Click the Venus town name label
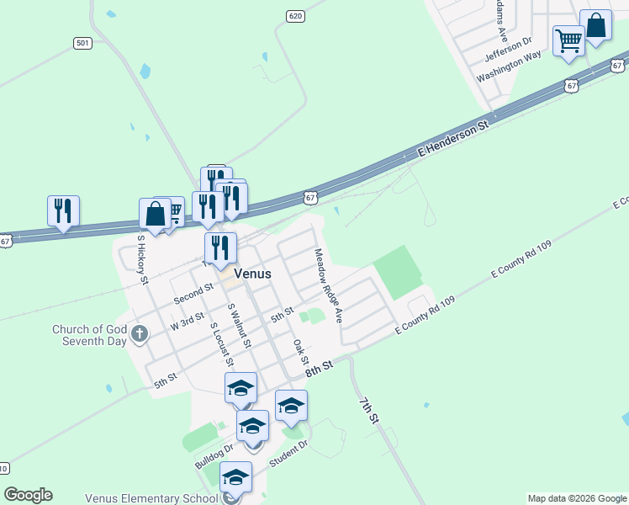click(252, 274)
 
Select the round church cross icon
click(140, 335)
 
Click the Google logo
click(28, 495)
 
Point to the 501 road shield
click(82, 43)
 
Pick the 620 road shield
click(294, 16)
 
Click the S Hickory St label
click(143, 258)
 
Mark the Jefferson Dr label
click(509, 50)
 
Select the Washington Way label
click(509, 66)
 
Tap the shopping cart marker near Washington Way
click(568, 40)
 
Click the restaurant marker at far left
click(63, 211)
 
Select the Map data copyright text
click(576, 498)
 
